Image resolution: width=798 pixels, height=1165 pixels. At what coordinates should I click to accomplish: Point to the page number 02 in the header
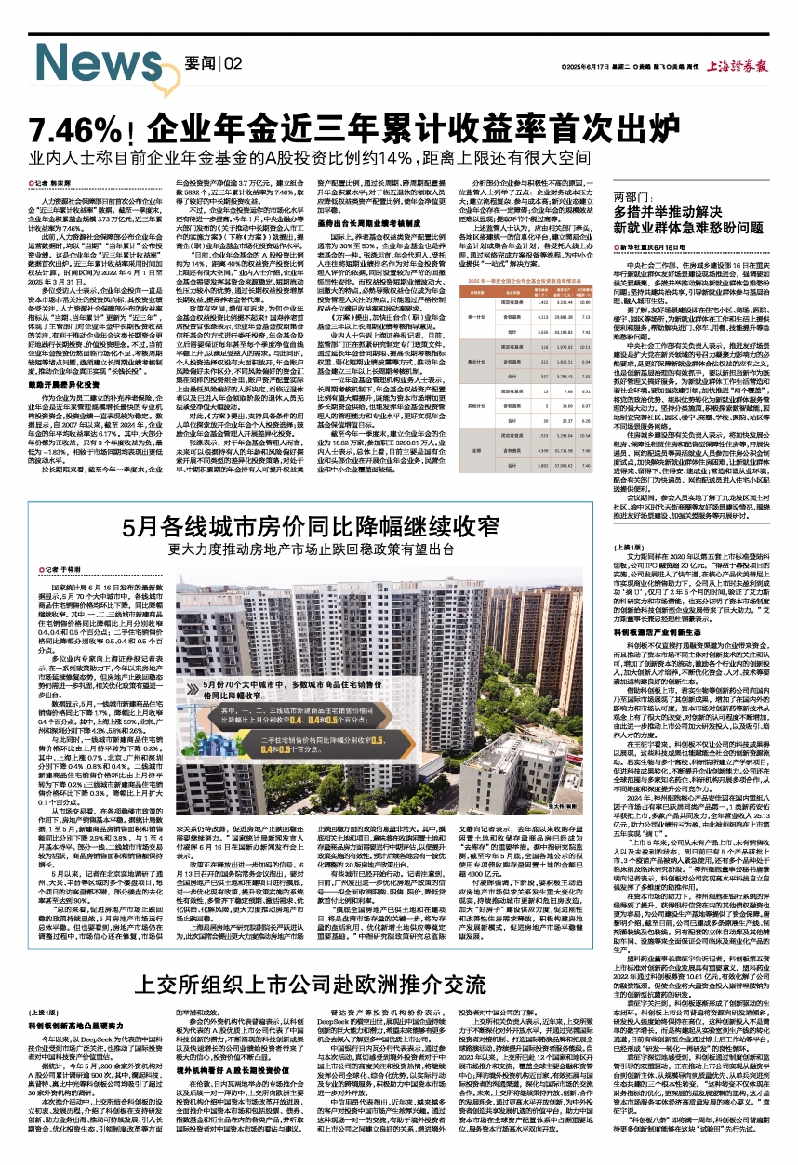click(x=233, y=62)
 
